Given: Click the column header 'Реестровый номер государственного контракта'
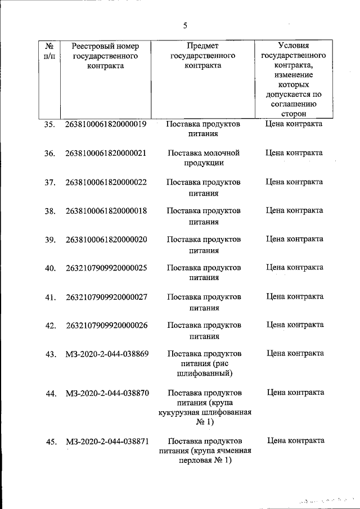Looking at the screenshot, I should click(x=106, y=56).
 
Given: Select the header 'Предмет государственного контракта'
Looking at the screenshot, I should click(x=202, y=56).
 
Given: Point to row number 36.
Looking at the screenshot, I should click(x=49, y=154).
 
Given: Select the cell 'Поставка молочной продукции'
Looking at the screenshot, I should click(x=204, y=158).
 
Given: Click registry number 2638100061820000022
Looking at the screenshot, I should click(x=106, y=182).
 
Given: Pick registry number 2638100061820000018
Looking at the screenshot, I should click(x=106, y=211).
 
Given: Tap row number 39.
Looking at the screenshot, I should click(x=49, y=240).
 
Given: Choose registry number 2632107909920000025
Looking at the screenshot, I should click(x=106, y=268).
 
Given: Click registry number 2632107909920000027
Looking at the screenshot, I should click(x=106, y=297).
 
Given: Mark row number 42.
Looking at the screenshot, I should click(x=49, y=326).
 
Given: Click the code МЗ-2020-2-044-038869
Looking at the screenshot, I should click(x=107, y=354).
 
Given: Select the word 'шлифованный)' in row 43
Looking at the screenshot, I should click(x=204, y=373).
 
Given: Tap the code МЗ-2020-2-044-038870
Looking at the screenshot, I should click(x=107, y=393).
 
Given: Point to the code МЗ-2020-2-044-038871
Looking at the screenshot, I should click(x=107, y=442).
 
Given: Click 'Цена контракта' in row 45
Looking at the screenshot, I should click(x=295, y=440).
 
